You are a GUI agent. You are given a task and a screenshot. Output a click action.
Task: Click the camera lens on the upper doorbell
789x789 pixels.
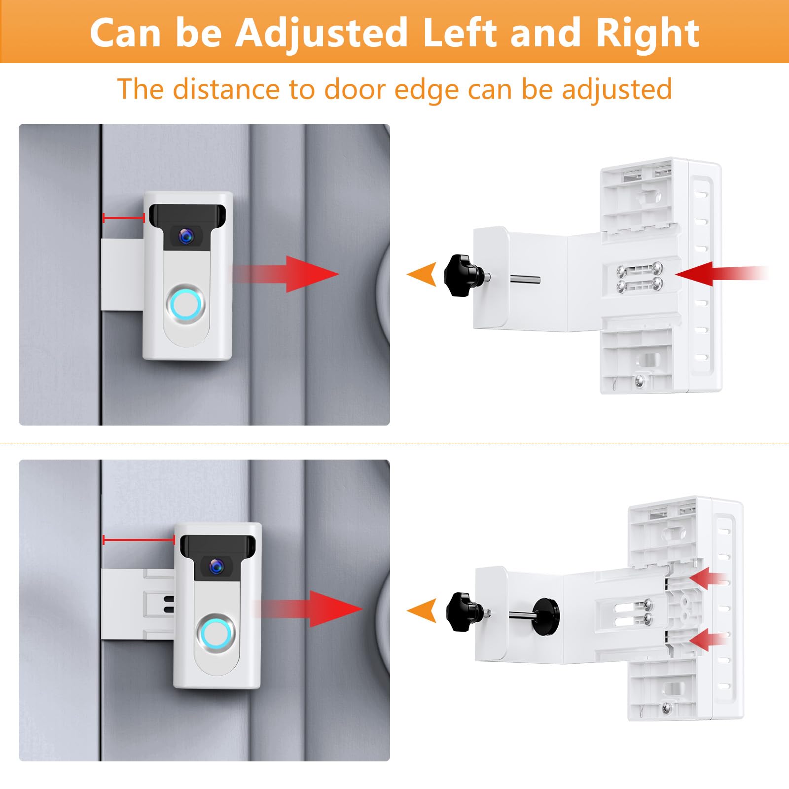coord(186,236)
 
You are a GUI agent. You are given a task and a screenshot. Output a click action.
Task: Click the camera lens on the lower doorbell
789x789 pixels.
coord(215,566)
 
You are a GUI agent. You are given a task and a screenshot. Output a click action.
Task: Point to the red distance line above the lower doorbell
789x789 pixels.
coord(139,540)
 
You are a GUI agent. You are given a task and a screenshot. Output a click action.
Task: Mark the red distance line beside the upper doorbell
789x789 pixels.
coord(123,217)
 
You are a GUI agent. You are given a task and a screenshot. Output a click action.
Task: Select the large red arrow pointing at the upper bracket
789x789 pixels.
coord(710,274)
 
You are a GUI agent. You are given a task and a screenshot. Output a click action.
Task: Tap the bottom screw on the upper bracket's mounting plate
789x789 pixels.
coord(640,380)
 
